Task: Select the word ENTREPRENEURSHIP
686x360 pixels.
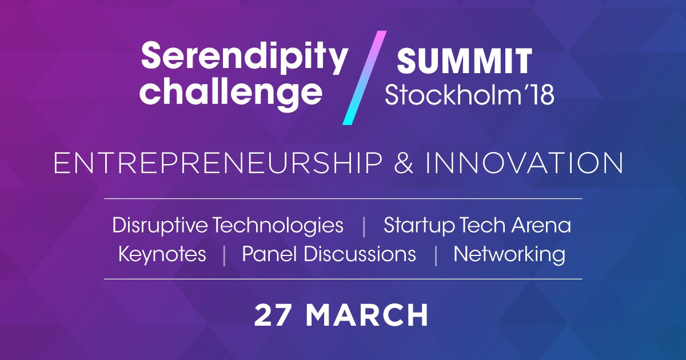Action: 217,163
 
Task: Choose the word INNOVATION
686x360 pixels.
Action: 525,163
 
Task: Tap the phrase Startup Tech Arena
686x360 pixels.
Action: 477,225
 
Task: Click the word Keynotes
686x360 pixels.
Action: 162,254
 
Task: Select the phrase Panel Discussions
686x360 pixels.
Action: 329,254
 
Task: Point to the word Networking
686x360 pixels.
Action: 509,254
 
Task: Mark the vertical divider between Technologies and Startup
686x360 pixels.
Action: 364,226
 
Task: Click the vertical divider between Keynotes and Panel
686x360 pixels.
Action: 224,255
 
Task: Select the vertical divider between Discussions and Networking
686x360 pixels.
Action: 436,255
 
